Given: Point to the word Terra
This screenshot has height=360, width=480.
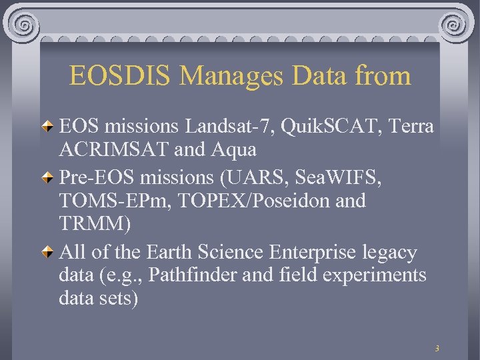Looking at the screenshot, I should pyautogui.click(x=409, y=126).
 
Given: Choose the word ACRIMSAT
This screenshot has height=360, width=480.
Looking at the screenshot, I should pyautogui.click(x=114, y=149).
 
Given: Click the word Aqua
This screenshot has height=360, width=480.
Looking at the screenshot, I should pyautogui.click(x=234, y=149).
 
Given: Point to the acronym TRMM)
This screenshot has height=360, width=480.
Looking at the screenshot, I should pyautogui.click(x=95, y=223).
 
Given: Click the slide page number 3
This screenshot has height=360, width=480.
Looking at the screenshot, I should pyautogui.click(x=437, y=348).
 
